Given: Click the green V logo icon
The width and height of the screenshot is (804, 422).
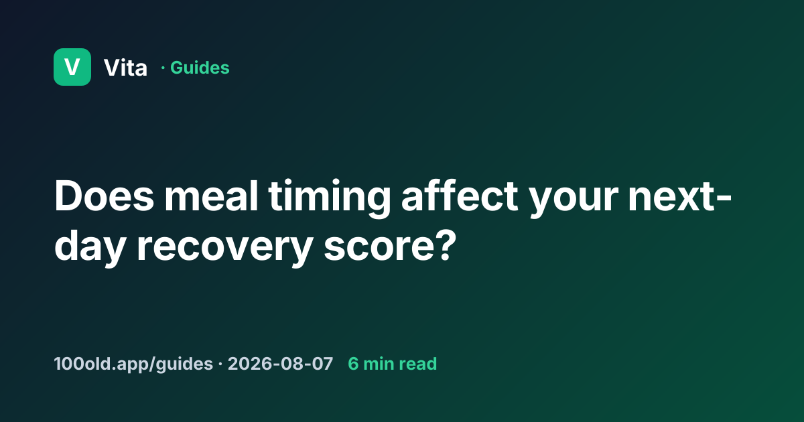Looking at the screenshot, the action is (72, 67).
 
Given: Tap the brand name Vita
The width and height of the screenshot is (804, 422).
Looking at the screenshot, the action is (125, 68).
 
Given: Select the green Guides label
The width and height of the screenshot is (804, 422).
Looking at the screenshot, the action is (200, 68).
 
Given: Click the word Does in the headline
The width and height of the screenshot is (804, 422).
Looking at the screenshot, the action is (104, 196).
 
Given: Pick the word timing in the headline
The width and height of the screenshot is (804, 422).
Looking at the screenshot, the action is (330, 199).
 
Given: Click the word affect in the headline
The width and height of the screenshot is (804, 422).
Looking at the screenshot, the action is (460, 196).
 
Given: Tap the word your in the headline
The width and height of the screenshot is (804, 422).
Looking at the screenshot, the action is (574, 202).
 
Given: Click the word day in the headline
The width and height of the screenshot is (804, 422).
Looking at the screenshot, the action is (90, 248).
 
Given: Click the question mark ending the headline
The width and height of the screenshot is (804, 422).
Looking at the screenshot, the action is (448, 245).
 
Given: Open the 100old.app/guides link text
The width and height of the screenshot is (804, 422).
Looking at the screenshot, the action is (133, 364).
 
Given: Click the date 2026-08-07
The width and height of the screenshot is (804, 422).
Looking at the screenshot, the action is (280, 364).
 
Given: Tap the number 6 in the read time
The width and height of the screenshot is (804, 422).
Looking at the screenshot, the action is (353, 364).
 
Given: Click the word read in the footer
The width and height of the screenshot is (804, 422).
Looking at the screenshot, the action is (418, 364).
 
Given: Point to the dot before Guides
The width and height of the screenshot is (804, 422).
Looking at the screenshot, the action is (163, 68).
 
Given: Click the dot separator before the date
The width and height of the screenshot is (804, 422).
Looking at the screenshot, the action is (220, 364).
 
